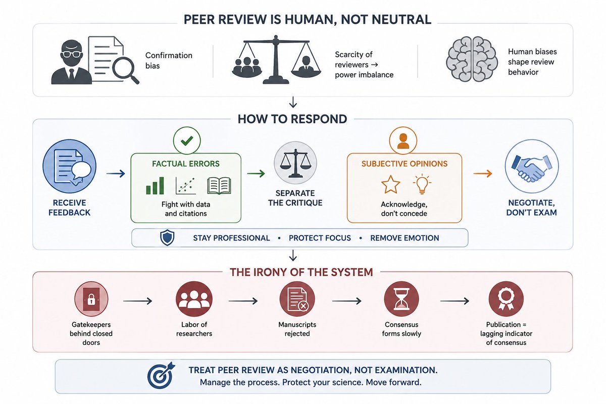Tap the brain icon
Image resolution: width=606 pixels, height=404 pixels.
click(472, 59)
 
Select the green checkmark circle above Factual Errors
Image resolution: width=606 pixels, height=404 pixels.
click(187, 141)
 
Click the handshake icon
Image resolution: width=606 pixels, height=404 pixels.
click(532, 168)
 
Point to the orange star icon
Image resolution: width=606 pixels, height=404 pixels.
click(390, 184)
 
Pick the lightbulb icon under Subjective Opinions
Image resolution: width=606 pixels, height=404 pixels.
click(422, 184)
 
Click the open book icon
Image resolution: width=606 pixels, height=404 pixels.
click(219, 186)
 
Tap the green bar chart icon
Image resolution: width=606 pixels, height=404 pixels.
click(155, 186)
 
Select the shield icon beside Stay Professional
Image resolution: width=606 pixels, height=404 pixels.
click(167, 237)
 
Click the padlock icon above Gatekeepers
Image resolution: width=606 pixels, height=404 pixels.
click(91, 299)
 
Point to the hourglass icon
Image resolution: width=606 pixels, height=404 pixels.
click(401, 299)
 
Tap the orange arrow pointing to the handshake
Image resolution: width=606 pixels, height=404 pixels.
click(483, 173)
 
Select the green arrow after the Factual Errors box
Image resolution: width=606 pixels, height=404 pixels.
click(256, 173)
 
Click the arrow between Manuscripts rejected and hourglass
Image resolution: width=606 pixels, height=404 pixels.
click(347, 301)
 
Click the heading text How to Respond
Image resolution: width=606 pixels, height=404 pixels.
click(292, 119)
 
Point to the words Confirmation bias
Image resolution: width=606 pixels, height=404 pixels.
click(169, 60)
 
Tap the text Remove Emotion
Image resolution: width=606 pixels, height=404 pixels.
click(405, 238)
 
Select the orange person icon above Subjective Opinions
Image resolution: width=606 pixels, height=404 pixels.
click(403, 141)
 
